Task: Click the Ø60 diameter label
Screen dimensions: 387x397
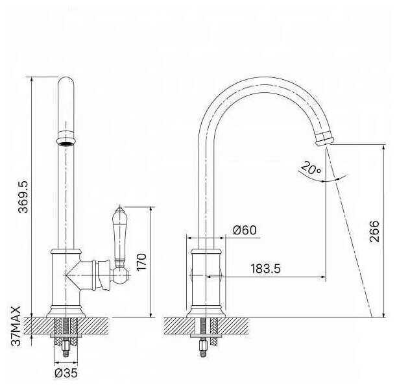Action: tap(244, 230)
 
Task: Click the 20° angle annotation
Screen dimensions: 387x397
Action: tap(311, 169)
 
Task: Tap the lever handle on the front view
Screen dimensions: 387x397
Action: tap(119, 236)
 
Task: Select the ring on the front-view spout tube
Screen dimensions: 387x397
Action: tap(66, 140)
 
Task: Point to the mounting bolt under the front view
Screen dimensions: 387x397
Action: tap(66, 344)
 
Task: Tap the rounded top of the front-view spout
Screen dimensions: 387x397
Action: tap(66, 84)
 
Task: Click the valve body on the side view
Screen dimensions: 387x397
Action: tap(208, 276)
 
